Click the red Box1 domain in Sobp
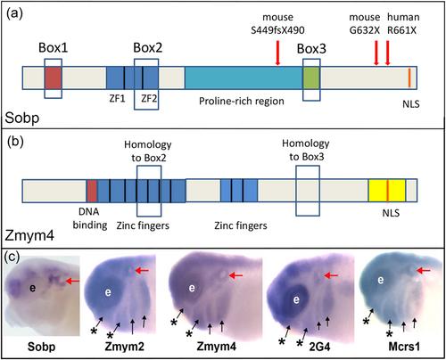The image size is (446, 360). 54,78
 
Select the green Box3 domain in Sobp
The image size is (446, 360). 311,78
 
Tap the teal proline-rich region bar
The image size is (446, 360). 244,78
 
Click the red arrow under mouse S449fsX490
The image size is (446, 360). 277,53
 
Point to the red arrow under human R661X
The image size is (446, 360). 387,53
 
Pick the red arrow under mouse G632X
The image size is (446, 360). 376,53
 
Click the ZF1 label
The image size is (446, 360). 117,98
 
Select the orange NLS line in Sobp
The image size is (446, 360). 409,78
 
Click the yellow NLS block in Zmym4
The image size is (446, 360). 387,191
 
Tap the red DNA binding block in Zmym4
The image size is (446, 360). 92,191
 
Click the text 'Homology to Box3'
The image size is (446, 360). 306,150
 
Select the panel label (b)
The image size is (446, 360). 15,142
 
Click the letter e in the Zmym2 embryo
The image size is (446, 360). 108,292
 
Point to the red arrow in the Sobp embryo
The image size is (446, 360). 72,281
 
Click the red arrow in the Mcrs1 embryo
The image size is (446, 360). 423,270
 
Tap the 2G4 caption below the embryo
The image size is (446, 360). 319,347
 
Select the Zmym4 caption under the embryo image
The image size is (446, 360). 217,347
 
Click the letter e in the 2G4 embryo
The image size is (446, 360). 296,299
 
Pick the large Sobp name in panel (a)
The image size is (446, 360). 22,118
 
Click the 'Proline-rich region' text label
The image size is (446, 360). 242,102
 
